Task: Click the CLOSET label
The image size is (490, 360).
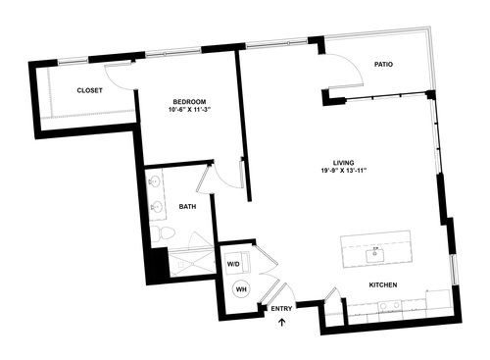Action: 90,90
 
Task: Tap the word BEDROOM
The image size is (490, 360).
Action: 188,101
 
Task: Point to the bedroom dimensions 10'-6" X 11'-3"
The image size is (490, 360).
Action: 188,110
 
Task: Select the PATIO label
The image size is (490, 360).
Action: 383,65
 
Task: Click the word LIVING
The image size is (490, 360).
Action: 343,162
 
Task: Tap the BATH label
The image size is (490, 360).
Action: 188,207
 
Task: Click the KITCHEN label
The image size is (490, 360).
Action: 382,285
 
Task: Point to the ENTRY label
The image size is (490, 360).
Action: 281,310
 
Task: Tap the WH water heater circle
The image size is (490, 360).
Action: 240,289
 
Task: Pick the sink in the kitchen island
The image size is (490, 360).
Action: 373,254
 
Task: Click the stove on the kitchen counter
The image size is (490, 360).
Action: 396,305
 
